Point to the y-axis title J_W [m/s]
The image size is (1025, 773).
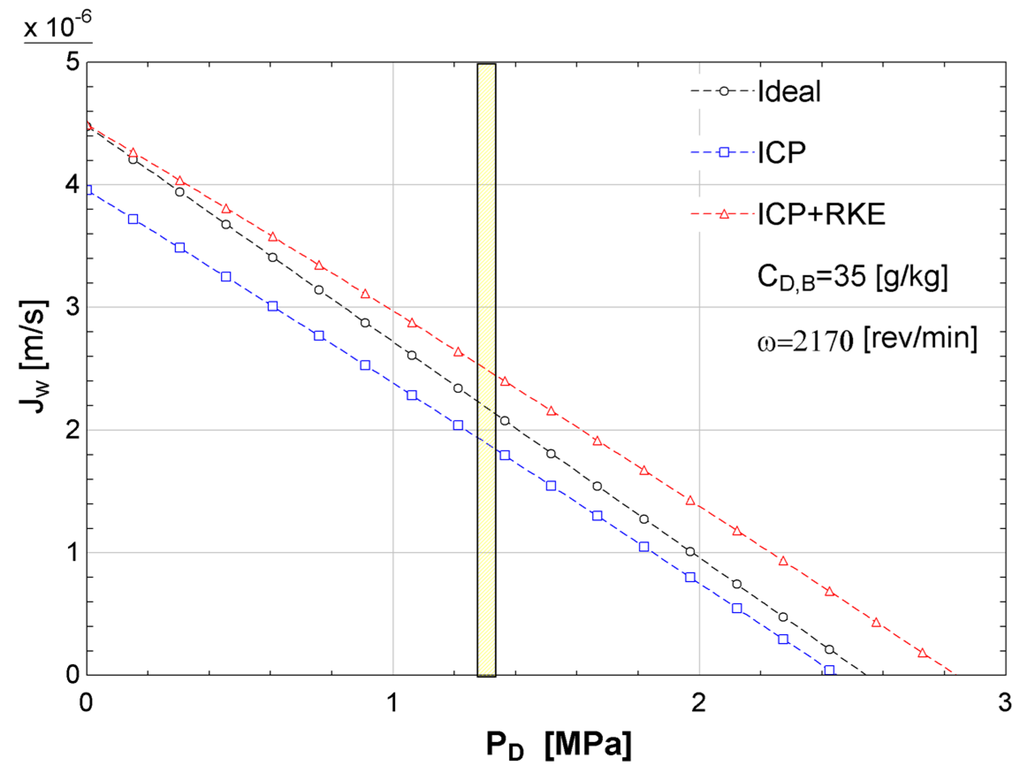(34, 356)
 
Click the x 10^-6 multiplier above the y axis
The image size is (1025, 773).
(58, 27)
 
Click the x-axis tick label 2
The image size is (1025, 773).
(699, 703)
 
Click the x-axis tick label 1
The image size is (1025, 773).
(392, 703)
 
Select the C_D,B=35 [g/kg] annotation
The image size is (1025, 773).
(852, 277)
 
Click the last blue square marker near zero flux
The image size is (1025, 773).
(829, 670)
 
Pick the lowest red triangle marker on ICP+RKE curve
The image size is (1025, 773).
(922, 653)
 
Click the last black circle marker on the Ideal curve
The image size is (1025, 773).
(829, 649)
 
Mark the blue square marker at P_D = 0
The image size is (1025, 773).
(88, 190)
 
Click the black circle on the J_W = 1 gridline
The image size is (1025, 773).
(691, 552)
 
